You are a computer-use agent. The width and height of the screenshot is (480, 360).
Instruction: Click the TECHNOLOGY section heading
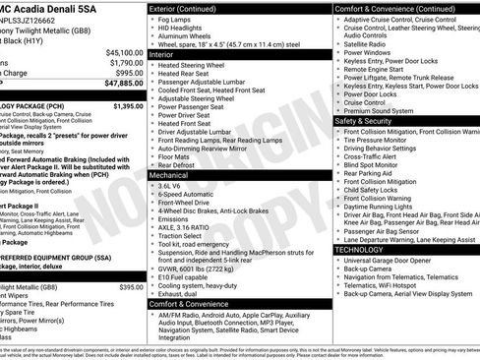click(x=361, y=250)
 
